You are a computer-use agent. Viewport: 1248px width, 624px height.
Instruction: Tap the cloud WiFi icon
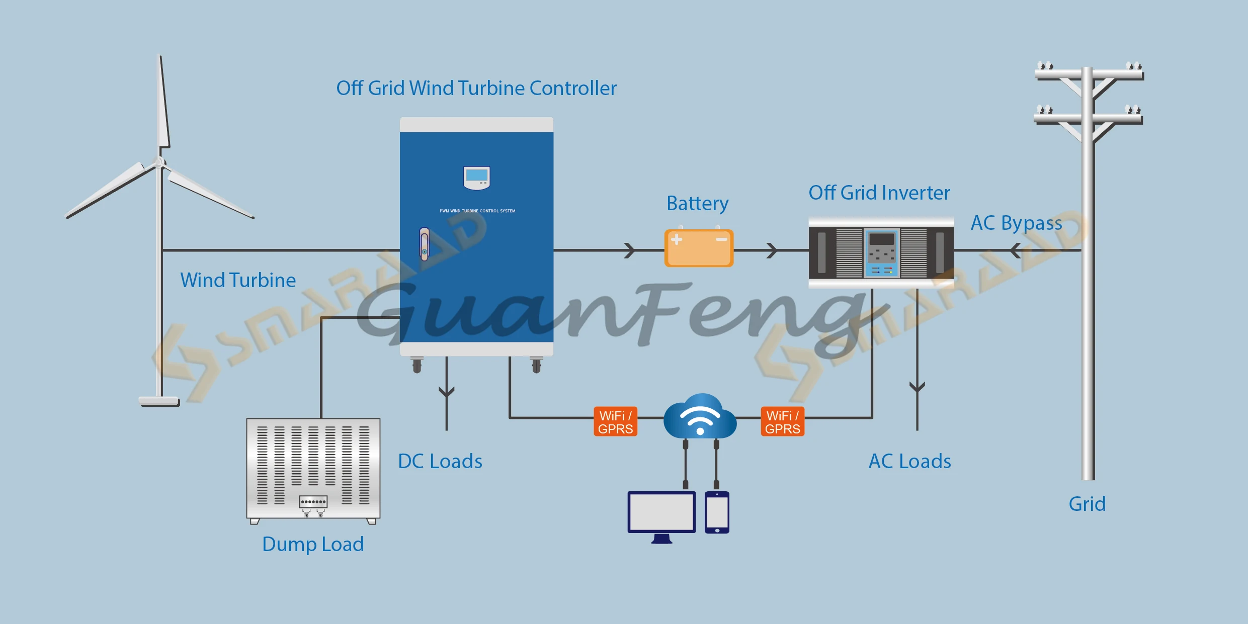pos(700,416)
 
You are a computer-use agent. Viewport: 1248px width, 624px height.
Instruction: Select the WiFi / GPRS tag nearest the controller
pos(615,421)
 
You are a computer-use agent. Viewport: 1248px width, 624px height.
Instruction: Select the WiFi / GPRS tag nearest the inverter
pos(782,421)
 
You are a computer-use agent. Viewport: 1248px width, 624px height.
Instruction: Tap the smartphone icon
pos(717,512)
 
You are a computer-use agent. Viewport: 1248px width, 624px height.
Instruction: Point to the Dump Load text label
pos(313,545)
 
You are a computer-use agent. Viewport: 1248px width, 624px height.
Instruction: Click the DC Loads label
pos(440,461)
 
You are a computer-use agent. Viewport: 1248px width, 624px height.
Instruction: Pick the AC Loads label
pos(910,461)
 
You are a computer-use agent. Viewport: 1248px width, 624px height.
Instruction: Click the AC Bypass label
pos(1016,223)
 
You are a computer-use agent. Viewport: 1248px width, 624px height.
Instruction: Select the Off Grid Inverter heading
pos(879,193)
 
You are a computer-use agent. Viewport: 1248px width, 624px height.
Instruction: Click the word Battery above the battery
pos(698,204)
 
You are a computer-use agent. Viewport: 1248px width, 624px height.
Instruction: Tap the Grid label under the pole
pos(1087,504)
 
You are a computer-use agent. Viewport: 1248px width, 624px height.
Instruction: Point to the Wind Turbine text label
pos(238,280)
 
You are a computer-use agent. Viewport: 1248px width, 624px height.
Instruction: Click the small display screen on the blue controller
pos(476,177)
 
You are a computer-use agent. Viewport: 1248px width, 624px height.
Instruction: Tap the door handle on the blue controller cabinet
pos(425,244)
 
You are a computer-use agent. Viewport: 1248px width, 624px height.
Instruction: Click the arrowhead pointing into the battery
pos(629,250)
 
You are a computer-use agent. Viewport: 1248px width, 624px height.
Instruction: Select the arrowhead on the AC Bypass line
pos(1015,250)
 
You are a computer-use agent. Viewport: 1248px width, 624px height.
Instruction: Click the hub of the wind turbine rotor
pos(159,162)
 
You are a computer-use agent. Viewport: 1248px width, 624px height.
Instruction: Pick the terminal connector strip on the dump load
pos(313,502)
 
